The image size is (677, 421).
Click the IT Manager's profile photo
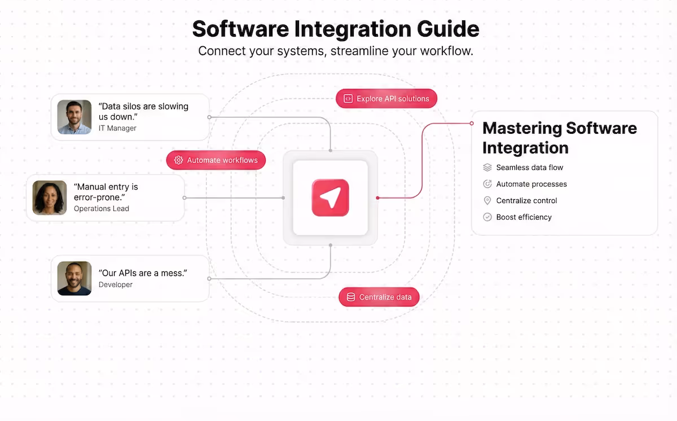click(74, 117)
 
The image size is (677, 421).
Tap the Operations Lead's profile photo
click(50, 198)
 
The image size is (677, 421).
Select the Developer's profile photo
click(74, 278)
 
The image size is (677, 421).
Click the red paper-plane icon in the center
click(330, 198)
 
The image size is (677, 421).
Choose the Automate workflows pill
click(216, 160)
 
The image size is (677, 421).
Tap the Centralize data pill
click(379, 297)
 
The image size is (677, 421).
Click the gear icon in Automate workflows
click(179, 160)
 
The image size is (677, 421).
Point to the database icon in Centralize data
click(351, 297)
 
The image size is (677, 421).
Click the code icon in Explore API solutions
click(348, 99)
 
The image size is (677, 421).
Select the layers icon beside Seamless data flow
click(487, 168)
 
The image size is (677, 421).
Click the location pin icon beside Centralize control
click(487, 200)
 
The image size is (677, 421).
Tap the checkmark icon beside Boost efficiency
click(487, 217)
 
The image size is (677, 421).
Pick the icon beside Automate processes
click(487, 184)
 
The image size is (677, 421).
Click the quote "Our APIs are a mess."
click(143, 273)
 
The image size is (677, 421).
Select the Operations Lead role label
click(102, 209)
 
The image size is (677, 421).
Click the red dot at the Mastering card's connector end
click(472, 123)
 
